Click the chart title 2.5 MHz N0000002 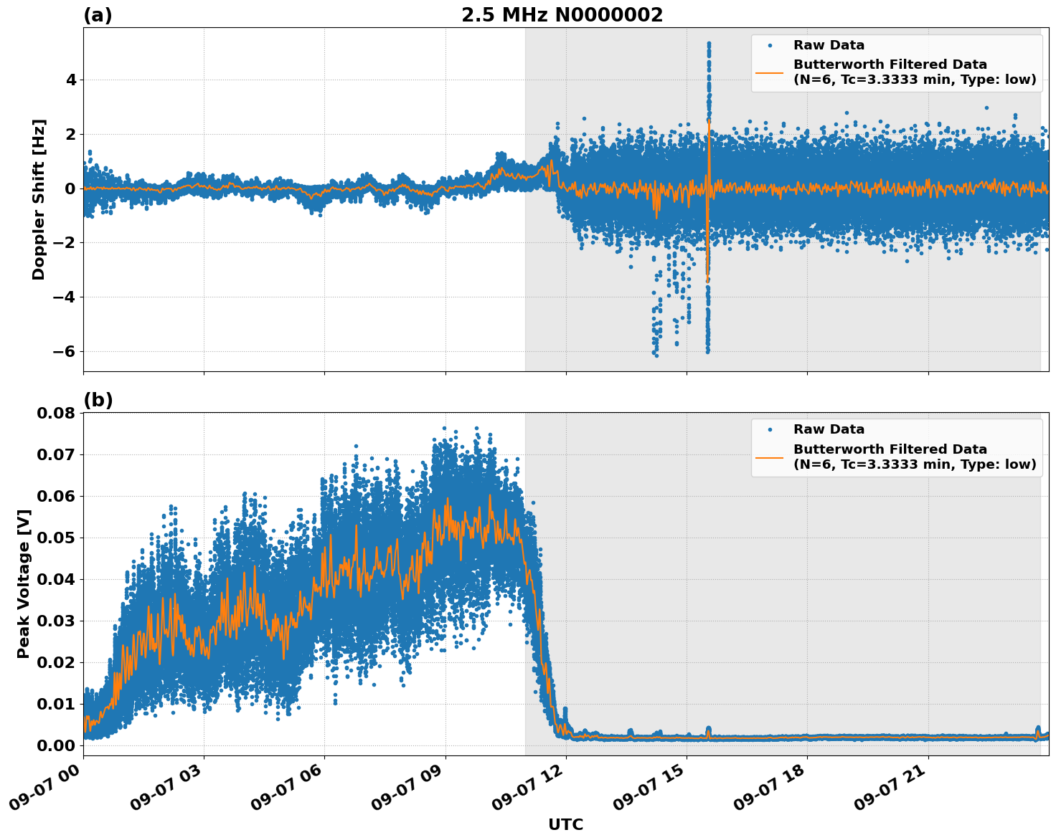562,15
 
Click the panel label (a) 98,15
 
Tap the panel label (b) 98,400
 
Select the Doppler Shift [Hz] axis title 39,199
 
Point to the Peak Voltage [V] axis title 24,583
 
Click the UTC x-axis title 565,824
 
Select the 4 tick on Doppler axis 71,80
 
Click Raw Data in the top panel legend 829,45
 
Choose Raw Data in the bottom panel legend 829,429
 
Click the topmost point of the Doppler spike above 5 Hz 709,44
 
